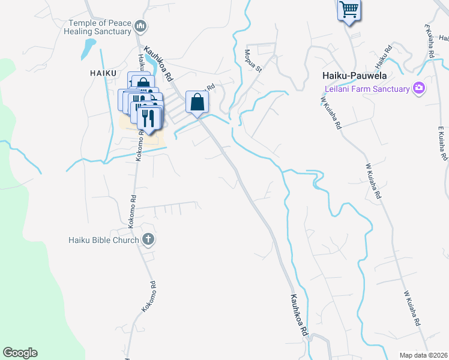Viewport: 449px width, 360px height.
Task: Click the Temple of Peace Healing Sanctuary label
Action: pos(99,27)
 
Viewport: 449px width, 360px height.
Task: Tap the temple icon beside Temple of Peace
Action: pos(141,26)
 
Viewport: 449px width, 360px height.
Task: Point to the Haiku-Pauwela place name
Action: pos(354,77)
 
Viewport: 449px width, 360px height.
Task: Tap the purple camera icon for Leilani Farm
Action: pos(419,88)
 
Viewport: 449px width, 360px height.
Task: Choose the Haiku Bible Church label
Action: pos(103,240)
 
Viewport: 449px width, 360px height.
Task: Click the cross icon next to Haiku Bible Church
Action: pos(148,240)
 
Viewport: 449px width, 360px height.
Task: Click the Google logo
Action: pos(20,353)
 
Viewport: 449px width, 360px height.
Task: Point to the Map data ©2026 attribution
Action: pos(423,355)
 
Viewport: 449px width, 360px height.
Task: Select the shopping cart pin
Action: pos(349,10)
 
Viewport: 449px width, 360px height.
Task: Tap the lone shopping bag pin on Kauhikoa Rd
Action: pos(197,103)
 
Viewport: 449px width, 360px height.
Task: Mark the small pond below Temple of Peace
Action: pos(89,47)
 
